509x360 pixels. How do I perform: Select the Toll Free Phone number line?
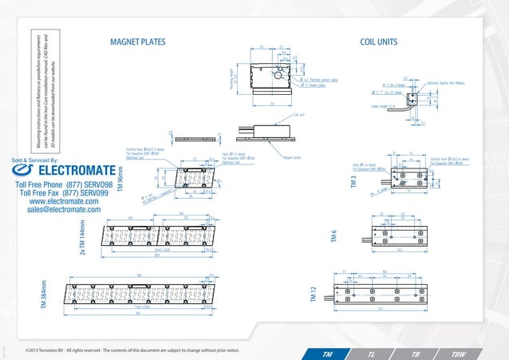coord(59,184)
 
